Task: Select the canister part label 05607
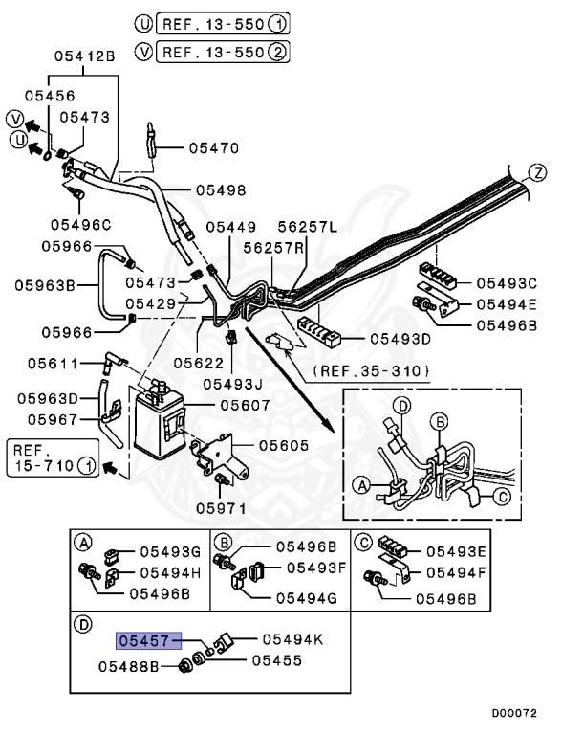tap(245, 405)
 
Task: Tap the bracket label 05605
tap(284, 445)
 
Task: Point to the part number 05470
tap(214, 148)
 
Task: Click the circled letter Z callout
tap(538, 173)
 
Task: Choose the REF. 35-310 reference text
tap(371, 371)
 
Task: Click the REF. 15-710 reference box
tap(53, 458)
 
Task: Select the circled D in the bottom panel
tap(83, 624)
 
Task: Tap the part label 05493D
tap(400, 339)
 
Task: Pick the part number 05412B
tap(85, 56)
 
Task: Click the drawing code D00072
tap(514, 713)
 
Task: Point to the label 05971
tap(221, 508)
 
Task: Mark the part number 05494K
tap(292, 639)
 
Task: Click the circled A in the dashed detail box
tap(362, 485)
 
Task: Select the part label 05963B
tap(45, 285)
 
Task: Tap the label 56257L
tap(308, 227)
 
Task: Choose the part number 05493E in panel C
tap(457, 551)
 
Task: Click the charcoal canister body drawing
tap(159, 424)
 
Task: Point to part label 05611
tap(53, 364)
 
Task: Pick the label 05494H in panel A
tap(170, 572)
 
